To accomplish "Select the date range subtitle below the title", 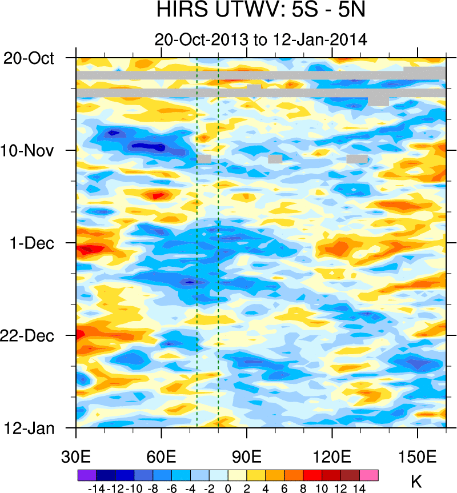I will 260,39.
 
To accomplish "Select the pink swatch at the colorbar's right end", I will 369,475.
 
